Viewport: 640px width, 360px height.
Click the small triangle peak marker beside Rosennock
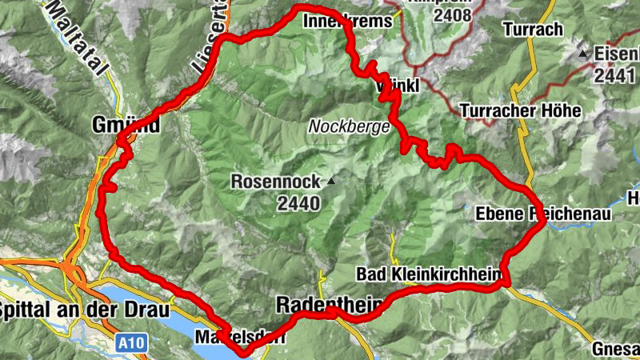(x=330, y=182)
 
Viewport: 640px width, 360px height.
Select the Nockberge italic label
(x=350, y=127)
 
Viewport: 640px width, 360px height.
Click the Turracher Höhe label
(x=519, y=110)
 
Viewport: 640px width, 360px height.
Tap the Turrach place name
(x=534, y=30)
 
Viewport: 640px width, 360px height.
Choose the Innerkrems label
(x=348, y=22)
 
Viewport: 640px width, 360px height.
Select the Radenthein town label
(x=316, y=305)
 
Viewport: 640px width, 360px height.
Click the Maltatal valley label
(x=78, y=36)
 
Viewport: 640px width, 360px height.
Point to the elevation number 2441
(x=616, y=75)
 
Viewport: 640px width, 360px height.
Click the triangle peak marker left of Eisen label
(x=583, y=54)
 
